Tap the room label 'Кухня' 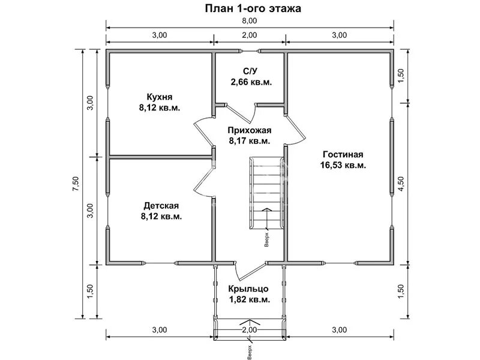point(160,97)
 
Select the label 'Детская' point(160,206)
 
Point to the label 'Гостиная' point(343,154)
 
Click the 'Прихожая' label point(250,130)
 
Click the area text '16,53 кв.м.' point(343,164)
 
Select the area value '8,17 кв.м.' point(250,141)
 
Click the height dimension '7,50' point(74,182)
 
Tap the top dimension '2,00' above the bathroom point(250,35)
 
